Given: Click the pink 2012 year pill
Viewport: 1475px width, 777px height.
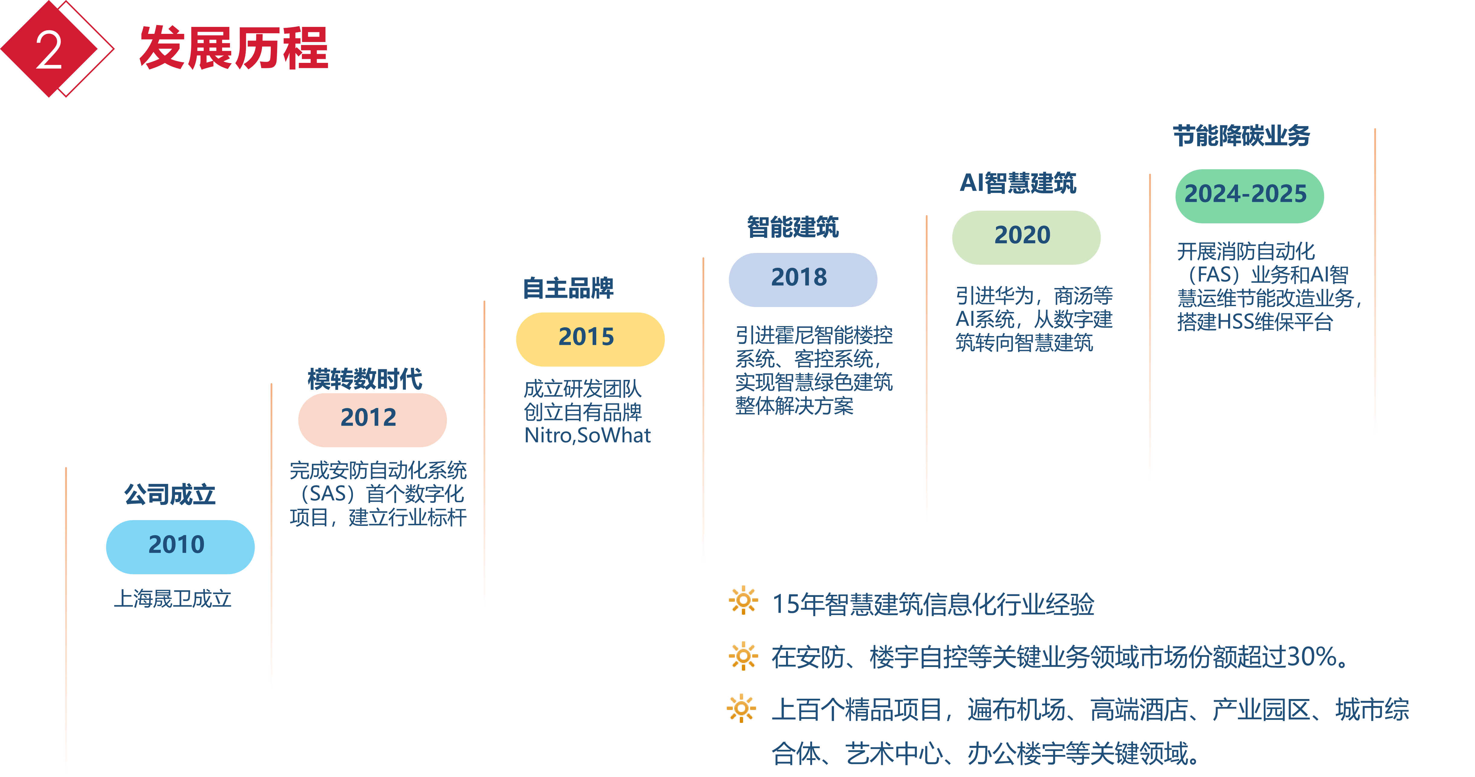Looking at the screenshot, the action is (372, 419).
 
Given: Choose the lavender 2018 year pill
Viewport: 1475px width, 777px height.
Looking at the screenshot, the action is (803, 280).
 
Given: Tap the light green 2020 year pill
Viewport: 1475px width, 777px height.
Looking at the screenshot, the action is (1026, 237).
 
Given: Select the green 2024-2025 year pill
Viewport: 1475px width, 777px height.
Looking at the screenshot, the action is (1249, 196).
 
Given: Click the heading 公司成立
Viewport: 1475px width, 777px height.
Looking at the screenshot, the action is (170, 494).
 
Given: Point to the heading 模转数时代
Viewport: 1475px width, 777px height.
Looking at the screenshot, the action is (365, 379).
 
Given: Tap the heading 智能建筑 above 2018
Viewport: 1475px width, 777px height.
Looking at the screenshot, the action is (793, 227).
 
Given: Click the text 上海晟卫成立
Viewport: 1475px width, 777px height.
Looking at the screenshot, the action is (172, 599).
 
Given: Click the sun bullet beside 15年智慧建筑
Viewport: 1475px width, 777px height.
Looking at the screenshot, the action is (743, 601).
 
